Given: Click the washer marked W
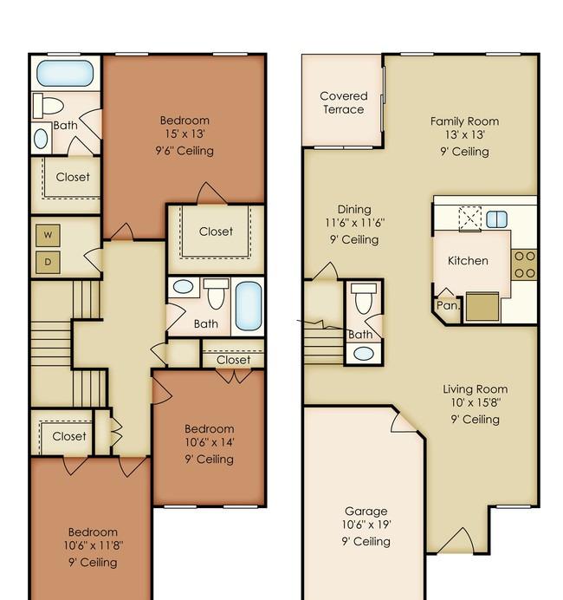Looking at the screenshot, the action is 48,235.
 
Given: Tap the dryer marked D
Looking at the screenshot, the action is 48,262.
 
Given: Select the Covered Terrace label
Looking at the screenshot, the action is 343,102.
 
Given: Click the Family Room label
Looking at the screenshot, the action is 464,121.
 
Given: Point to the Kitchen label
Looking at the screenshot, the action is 468,261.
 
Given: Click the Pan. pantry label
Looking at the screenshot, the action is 448,305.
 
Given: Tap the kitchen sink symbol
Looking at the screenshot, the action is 496,219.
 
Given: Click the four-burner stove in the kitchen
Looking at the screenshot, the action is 524,264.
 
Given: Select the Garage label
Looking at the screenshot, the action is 366,512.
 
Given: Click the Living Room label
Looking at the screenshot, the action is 476,389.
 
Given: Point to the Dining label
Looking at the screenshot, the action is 354,209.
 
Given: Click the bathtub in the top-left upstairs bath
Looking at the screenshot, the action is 65,73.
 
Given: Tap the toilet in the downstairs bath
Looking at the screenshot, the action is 363,298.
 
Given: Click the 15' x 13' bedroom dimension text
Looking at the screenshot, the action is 185,134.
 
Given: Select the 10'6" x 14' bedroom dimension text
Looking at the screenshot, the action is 210,442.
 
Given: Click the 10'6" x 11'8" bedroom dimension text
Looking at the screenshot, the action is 93,545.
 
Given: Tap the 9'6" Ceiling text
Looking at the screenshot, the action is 184,151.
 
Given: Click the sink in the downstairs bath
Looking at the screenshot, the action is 364,354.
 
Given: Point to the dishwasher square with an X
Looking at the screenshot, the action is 469,218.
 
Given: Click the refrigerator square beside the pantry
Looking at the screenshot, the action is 482,307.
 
